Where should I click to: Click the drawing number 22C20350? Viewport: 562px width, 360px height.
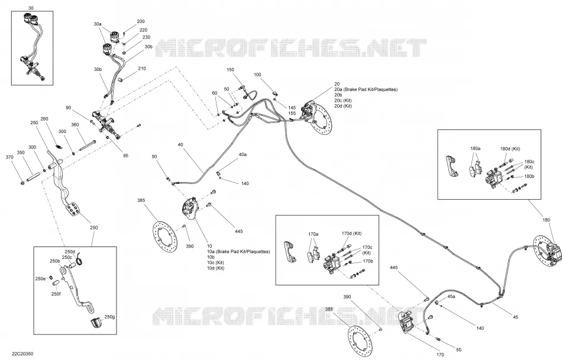tap(22, 354)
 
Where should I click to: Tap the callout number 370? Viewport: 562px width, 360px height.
tap(9, 157)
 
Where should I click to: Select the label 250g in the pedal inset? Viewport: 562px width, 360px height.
tap(110, 317)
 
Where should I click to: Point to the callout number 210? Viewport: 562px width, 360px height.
tap(142, 69)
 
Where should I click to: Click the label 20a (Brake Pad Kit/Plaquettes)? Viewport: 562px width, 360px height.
tap(366, 89)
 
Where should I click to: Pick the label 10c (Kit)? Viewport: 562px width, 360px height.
tap(215, 262)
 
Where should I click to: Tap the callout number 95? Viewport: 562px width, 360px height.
tap(125, 156)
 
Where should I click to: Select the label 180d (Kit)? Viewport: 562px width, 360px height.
tap(510, 148)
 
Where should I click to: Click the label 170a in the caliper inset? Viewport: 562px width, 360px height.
tap(314, 234)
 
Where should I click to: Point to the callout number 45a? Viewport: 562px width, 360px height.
tap(451, 297)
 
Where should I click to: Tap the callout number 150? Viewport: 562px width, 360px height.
tap(230, 70)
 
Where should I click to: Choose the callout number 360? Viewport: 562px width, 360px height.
tap(75, 125)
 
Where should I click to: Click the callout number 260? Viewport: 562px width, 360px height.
tap(44, 119)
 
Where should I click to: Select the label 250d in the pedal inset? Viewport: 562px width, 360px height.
tap(70, 251)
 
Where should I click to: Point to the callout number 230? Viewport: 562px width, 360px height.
tap(146, 37)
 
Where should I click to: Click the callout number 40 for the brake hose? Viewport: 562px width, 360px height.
tap(180, 145)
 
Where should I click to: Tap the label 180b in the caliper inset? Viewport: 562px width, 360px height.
tap(529, 176)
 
